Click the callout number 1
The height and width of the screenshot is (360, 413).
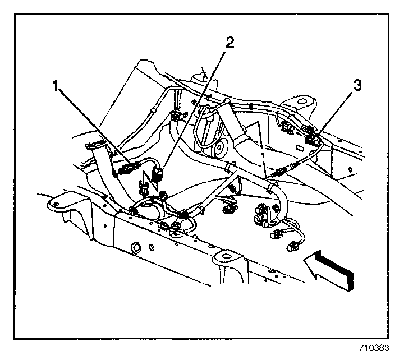click(x=55, y=86)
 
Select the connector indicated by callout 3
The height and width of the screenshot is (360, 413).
click(x=313, y=136)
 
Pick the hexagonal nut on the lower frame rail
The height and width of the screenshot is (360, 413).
click(x=136, y=248)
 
